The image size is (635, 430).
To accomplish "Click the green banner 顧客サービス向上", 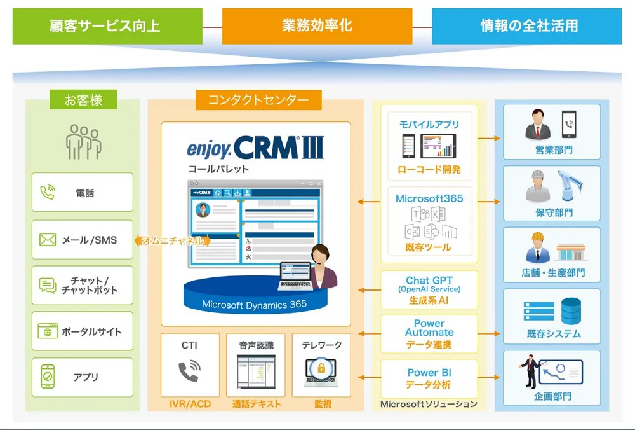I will (107, 26).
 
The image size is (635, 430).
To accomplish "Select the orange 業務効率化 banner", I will (317, 26).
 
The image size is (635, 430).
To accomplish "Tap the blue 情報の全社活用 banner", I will (526, 26).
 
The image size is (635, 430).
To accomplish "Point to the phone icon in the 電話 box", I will (48, 192).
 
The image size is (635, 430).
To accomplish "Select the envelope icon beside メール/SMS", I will (48, 240).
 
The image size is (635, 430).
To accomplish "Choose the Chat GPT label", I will (429, 281).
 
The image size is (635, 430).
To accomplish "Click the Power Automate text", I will (429, 328).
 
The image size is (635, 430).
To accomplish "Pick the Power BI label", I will (429, 373).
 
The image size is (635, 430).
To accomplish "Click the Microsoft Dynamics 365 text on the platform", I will (254, 304).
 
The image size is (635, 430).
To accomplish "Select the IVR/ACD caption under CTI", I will (190, 404).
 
